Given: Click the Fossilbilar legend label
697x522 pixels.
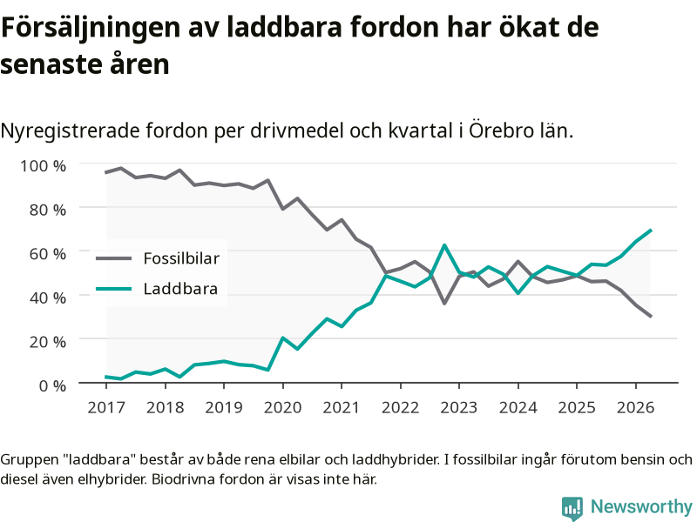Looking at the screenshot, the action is [181, 258].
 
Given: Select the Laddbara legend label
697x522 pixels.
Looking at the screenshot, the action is [180, 289].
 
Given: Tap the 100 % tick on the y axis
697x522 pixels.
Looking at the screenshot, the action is [43, 166].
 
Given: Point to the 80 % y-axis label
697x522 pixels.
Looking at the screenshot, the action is [48, 210].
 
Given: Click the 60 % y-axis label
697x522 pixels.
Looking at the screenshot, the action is [48, 253].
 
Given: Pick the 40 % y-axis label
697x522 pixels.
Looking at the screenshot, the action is [48, 298].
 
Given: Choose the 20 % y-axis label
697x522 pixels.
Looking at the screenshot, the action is [48, 341].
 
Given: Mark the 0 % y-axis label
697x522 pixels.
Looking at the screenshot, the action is [52, 385].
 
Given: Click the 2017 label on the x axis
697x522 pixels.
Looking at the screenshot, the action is [106, 407].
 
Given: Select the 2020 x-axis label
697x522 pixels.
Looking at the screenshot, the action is [282, 407].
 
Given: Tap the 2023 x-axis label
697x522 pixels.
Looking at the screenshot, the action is [459, 407].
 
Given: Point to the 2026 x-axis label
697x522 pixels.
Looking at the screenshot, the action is [635, 407].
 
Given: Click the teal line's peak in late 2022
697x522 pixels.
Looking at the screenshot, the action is [444, 245].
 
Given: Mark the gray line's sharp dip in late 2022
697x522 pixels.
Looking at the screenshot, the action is [444, 303].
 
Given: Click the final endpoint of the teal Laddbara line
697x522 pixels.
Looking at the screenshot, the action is [650, 230].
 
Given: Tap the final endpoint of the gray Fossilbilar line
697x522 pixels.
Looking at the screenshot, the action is [650, 317].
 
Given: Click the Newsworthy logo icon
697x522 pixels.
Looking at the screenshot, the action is [572, 508].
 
